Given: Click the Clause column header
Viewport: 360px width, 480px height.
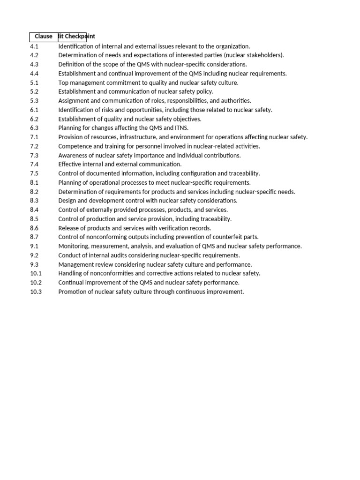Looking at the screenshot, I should pos(44,37).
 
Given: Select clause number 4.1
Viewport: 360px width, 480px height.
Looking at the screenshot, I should pos(34,46).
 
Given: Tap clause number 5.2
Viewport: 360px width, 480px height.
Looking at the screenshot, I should pos(34,92).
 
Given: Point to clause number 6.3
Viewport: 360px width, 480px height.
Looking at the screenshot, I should pos(34,128).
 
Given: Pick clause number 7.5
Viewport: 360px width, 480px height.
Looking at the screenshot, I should pos(34,173).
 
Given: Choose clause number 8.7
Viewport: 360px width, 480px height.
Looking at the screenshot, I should pos(34,237).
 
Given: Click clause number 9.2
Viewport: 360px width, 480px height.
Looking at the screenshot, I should pos(34,255).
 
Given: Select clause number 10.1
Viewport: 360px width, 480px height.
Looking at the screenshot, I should pos(36,273).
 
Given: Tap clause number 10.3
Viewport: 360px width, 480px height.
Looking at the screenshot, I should pos(36,292).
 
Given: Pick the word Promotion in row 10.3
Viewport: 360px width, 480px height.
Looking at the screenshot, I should pos(72,292).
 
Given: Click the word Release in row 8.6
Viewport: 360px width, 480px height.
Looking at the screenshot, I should pos(68,228).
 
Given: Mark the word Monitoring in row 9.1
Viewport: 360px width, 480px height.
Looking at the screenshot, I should pos(74,246).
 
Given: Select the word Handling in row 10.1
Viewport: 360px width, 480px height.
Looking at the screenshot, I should pos(70,273).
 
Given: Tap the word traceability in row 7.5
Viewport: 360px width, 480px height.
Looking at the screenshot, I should pos(244,173).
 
